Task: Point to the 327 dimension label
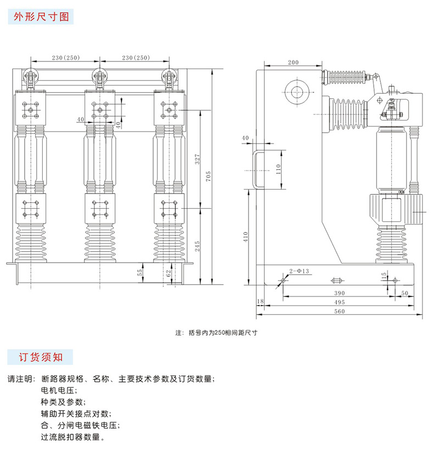tap(198, 160)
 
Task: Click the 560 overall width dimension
tap(339, 311)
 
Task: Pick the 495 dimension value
tap(339, 303)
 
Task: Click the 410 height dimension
tap(246, 237)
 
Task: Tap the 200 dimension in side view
tap(293, 62)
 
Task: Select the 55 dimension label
tap(140, 271)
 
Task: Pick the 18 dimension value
tap(260, 302)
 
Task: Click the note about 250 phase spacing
tap(217, 332)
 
